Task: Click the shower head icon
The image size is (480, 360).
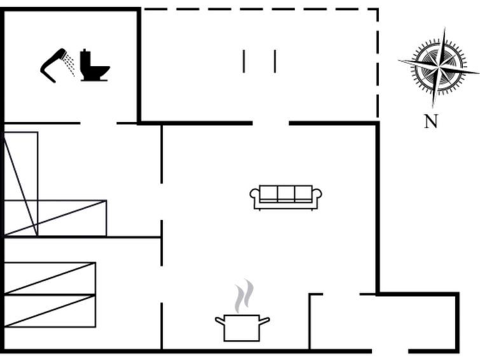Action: pyautogui.click(x=58, y=66)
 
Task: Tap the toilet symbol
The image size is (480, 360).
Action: pyautogui.click(x=95, y=65)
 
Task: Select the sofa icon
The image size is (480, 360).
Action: pyautogui.click(x=285, y=198)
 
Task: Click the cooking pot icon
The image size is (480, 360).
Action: pyautogui.click(x=242, y=328)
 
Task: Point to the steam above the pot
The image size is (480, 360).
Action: pyautogui.click(x=244, y=296)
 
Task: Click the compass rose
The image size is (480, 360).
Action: pyautogui.click(x=439, y=67)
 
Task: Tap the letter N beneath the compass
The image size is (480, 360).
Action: pyautogui.click(x=431, y=121)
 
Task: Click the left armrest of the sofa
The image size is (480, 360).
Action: pyautogui.click(x=254, y=194)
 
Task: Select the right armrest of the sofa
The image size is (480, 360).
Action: pyautogui.click(x=317, y=194)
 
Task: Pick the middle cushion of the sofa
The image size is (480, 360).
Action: pyautogui.click(x=286, y=193)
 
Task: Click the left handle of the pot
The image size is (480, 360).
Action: pyautogui.click(x=220, y=321)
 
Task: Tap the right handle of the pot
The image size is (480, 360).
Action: pyautogui.click(x=265, y=321)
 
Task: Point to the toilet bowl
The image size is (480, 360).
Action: pyautogui.click(x=99, y=73)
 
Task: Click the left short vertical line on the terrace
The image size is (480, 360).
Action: pyautogui.click(x=243, y=61)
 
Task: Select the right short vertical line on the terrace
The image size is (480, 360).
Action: pyautogui.click(x=275, y=61)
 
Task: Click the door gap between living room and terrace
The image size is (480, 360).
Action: pyautogui.click(x=271, y=123)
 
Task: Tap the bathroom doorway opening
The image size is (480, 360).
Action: pyautogui.click(x=99, y=123)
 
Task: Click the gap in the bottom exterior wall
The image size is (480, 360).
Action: pyautogui.click(x=390, y=351)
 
